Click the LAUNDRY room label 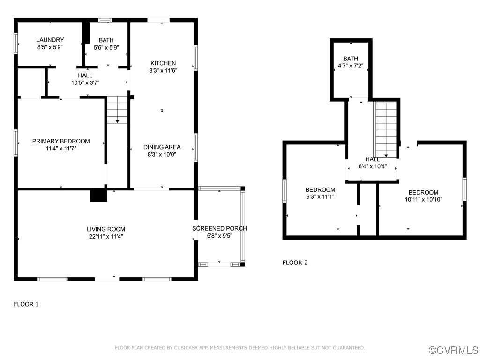pos(50,40)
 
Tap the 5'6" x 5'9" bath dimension pos(106,47)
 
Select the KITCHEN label pos(163,63)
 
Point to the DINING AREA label pos(162,147)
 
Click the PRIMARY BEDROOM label pos(61,141)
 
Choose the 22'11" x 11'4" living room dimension pos(106,236)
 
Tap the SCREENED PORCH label pos(219,228)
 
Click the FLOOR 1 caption pos(26,304)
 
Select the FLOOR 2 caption pos(295,262)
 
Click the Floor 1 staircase pos(117,110)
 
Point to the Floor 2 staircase pos(386,129)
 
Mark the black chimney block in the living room pos(98,195)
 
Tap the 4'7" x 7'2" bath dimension pos(351,66)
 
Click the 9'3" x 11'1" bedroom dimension pos(320,196)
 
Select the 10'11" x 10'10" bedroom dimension pos(424,199)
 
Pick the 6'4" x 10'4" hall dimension pos(373,166)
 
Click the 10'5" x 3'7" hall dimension pos(85,82)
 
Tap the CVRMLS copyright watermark pos(454,350)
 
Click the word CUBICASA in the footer pos(186,348)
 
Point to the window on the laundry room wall pos(16,44)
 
